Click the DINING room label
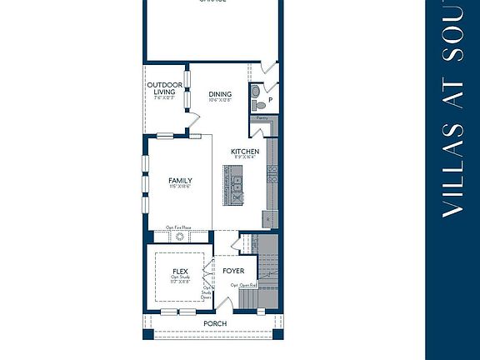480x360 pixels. coord(220,94)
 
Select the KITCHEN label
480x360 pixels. coord(245,152)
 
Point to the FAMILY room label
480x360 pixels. coord(180,181)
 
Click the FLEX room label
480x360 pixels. coord(180,272)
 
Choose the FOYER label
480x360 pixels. coord(233,272)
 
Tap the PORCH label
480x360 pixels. coord(215,323)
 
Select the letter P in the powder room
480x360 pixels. coord(270,102)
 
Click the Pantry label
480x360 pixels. coord(262,118)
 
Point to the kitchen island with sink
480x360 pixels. coord(233,185)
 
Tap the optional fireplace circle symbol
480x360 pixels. coord(178,237)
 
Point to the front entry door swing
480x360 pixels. coord(237,244)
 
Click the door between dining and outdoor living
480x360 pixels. coord(193,127)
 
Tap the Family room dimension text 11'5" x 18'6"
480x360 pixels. coord(180,187)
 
